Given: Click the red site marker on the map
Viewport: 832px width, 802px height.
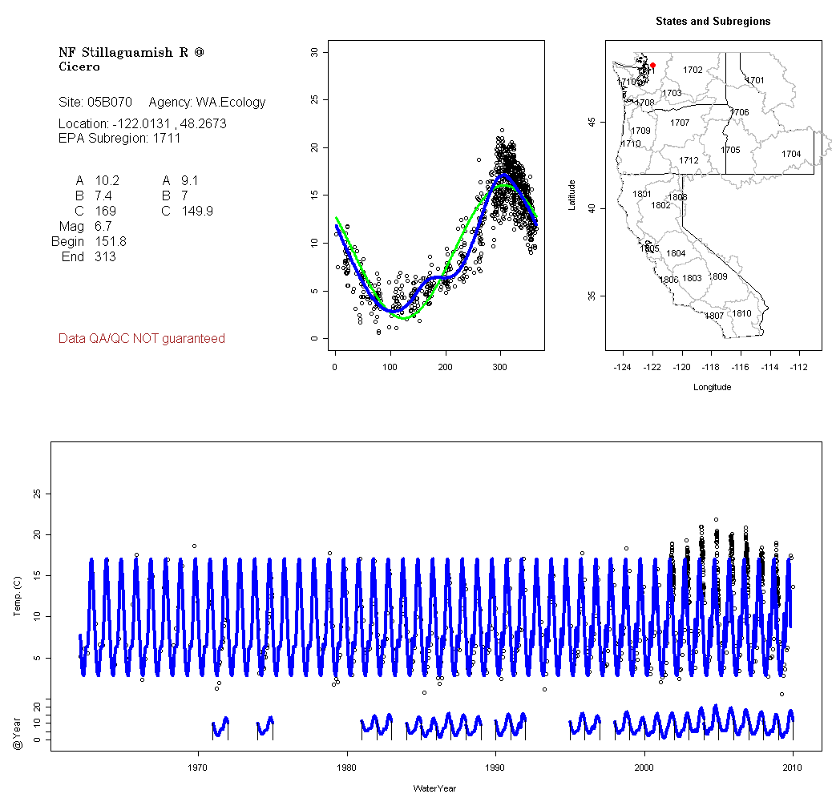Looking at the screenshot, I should (x=652, y=65).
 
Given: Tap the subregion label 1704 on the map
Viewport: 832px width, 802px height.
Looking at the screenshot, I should (x=791, y=154).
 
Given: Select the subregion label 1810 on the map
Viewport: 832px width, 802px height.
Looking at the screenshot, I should (x=742, y=313).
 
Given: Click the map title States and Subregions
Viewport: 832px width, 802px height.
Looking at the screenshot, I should (x=713, y=22).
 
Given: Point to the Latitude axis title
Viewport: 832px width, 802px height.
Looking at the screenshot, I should (x=572, y=194).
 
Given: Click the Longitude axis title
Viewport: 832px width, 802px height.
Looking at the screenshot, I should (x=712, y=387).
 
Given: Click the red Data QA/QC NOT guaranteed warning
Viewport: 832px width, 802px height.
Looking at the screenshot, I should (x=142, y=339).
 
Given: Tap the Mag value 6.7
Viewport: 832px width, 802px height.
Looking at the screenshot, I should (x=103, y=227).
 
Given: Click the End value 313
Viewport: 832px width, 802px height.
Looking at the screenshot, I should (x=105, y=257).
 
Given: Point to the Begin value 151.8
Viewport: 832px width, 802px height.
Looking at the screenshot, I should (x=111, y=242).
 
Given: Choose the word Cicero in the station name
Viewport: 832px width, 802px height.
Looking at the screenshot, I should (x=79, y=66).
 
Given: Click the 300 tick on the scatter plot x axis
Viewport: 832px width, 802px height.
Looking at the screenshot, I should (x=501, y=367).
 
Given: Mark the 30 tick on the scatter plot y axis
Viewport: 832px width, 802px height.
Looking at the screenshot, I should (x=314, y=52).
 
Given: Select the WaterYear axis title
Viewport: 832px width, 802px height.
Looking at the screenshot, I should (x=435, y=789).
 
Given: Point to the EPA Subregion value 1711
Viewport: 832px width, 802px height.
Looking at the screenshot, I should (x=167, y=138).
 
